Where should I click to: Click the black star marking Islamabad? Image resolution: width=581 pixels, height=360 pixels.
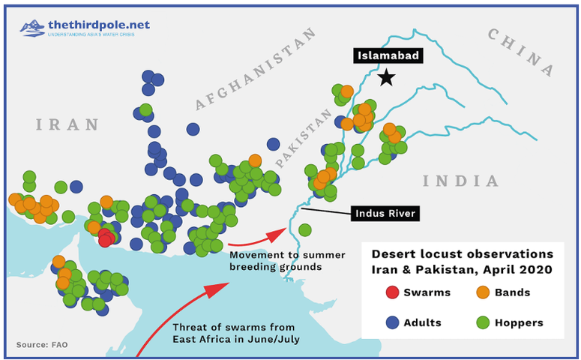pos(386,77)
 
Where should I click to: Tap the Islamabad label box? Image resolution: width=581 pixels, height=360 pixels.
pos(387,55)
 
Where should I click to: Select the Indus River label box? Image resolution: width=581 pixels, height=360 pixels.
pos(384,214)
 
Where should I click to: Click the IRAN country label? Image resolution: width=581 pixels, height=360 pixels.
pos(68,124)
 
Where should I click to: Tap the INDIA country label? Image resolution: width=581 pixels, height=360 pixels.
pos(460,181)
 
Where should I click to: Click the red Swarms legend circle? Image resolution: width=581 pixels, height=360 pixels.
pos(391,292)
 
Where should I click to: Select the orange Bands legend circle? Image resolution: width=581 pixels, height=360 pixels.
pos(484,292)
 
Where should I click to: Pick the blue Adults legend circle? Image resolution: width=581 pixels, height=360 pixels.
pos(391,322)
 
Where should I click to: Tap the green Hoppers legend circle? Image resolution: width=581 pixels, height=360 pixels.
pos(484,322)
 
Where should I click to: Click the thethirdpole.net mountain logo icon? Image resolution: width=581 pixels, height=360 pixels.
pos(31,28)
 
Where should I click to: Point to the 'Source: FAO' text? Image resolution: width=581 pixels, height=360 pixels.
pos(42,345)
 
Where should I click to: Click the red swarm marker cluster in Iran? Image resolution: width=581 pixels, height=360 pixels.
pos(106,238)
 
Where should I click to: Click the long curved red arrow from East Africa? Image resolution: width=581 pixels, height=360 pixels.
pos(187,307)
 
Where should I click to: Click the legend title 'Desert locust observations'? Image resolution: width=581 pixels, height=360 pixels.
pos(462,253)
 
